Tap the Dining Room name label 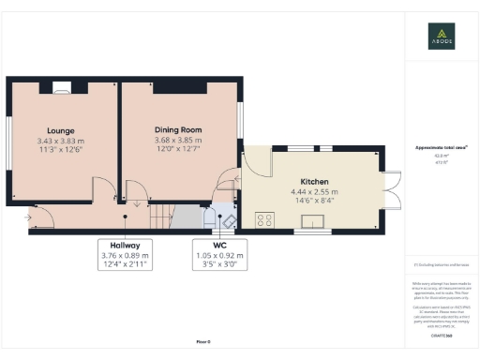coord(178,130)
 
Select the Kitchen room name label coord(314,182)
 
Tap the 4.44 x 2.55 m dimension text coord(314,192)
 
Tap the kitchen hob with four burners coord(265,220)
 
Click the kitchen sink coord(311,221)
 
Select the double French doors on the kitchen coord(393,190)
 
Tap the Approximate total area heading coord(442,148)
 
